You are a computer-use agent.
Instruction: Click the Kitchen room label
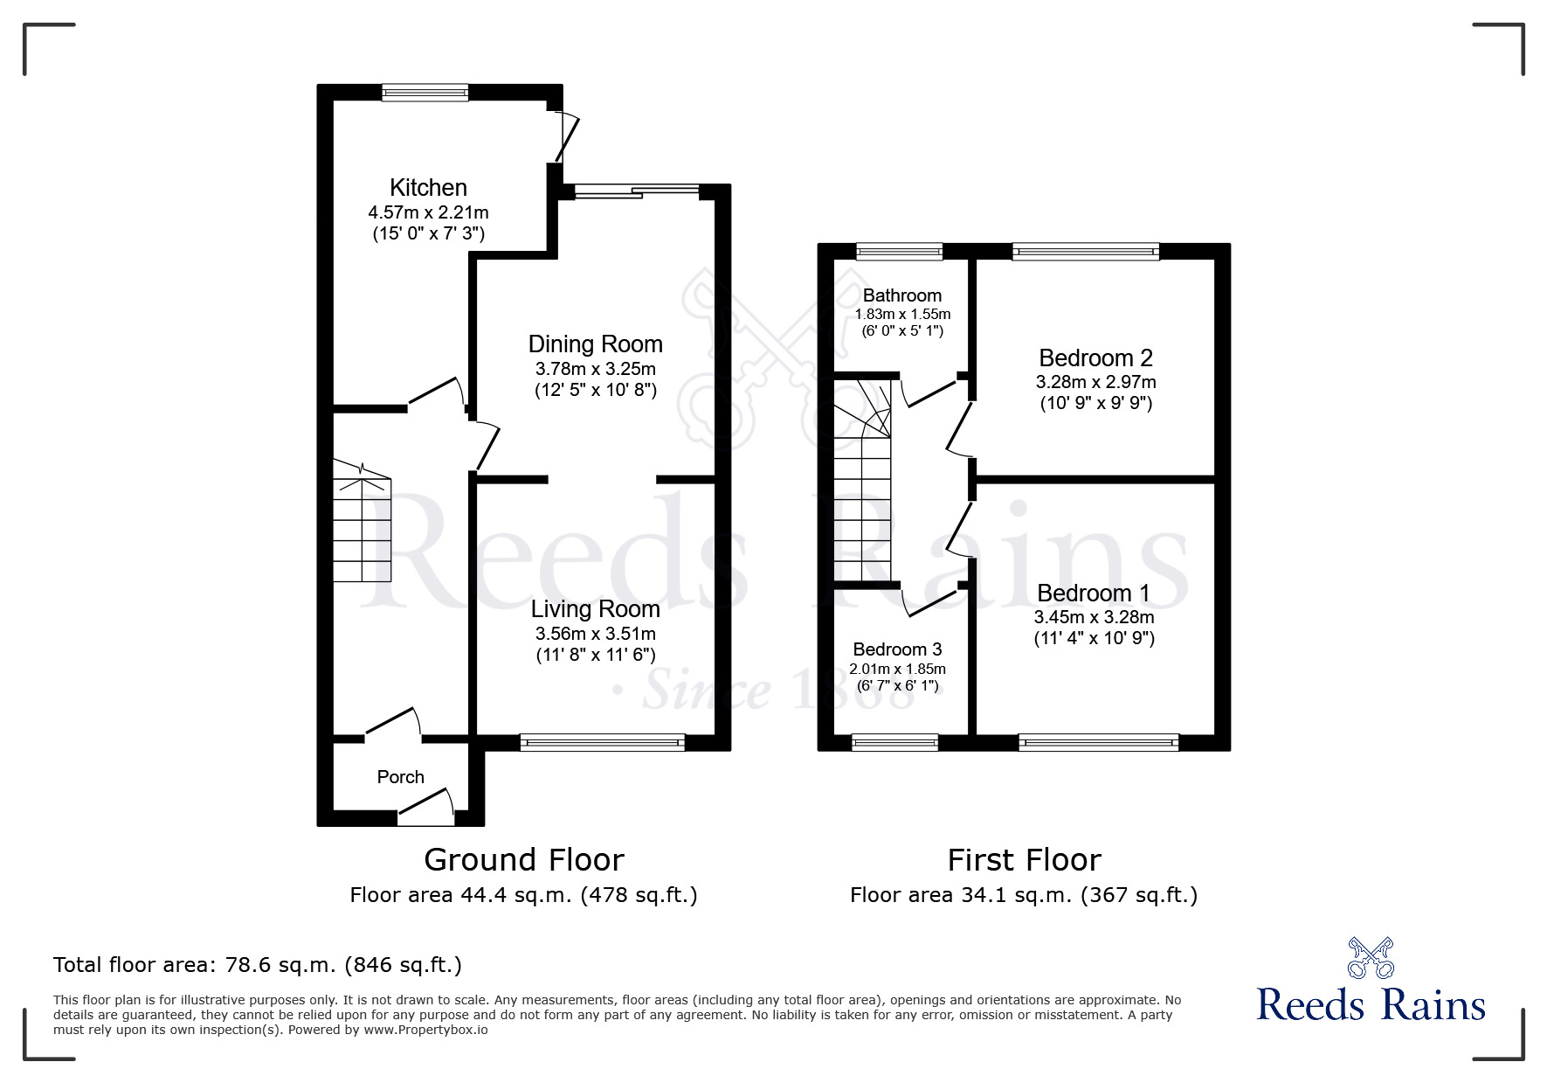[428, 187]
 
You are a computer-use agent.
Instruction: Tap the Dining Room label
[596, 344]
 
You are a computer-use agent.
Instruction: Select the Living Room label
[596, 608]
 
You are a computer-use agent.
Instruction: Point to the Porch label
[401, 777]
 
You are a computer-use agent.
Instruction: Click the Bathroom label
[902, 295]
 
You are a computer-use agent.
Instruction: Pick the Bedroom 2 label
[1095, 358]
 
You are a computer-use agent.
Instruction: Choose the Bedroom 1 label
[1094, 593]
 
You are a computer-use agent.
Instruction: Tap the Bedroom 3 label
[897, 649]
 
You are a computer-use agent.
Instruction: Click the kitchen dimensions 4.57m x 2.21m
[428, 212]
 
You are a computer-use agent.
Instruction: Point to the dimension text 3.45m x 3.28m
[1095, 617]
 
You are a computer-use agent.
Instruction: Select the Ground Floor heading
[524, 860]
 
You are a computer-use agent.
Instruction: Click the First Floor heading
[1024, 860]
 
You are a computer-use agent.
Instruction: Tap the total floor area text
[258, 965]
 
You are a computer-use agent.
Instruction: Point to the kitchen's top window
[425, 92]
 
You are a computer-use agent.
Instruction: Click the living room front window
[603, 742]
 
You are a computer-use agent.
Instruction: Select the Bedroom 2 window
[1086, 252]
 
